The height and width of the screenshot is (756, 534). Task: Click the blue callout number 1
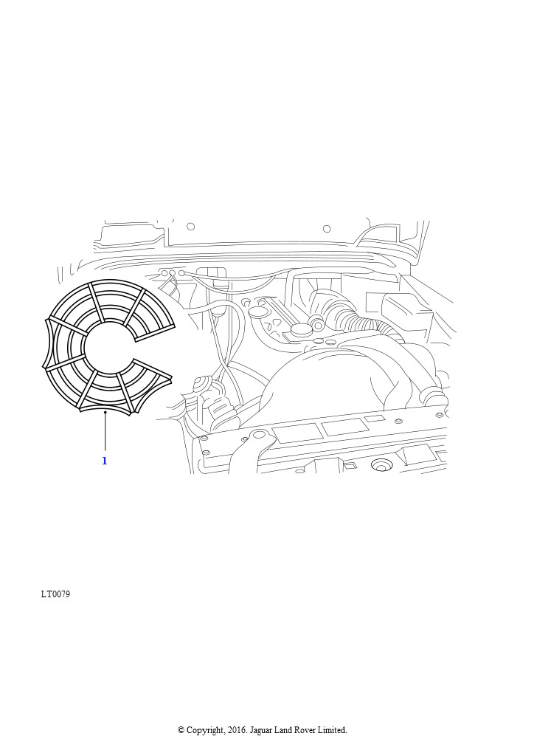point(105,461)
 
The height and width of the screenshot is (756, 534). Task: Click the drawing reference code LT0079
point(55,594)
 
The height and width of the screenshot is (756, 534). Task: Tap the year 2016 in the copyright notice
point(237,730)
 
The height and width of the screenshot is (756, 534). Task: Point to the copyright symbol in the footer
point(181,730)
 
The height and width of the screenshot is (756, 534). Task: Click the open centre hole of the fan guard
point(107,346)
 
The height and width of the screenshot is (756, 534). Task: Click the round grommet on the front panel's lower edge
point(381,465)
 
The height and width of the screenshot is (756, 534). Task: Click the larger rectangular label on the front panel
point(297,432)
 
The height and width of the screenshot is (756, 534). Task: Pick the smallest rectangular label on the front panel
point(372,418)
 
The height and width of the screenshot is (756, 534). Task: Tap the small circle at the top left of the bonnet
point(191,226)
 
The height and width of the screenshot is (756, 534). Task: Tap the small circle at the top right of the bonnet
point(327,229)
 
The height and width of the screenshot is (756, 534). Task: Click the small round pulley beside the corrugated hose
point(317,322)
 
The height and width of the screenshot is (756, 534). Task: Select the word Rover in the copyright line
point(305,730)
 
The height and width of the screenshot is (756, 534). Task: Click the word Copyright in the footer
point(206,730)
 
